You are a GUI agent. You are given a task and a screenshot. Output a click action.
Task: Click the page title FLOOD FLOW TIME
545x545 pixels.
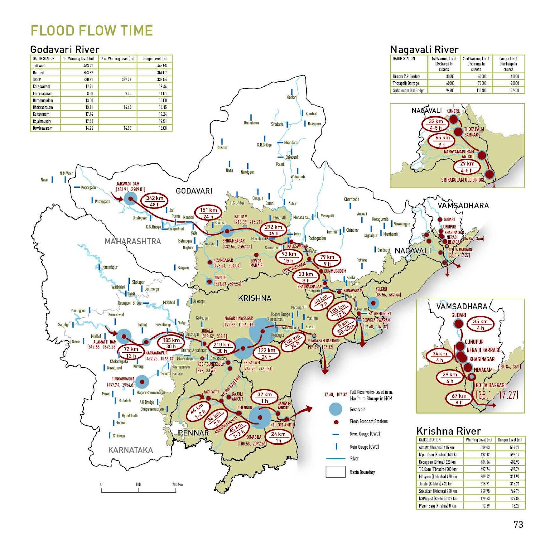click(92, 31)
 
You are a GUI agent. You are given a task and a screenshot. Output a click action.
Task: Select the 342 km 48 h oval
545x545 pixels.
click(155, 201)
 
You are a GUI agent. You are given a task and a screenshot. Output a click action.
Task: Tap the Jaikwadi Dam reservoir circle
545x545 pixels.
click(130, 198)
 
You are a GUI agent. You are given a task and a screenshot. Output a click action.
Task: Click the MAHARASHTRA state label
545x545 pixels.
click(133, 241)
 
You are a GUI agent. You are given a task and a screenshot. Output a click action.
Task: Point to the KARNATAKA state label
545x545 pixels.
click(130, 450)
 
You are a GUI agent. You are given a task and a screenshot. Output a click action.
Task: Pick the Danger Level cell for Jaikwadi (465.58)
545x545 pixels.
click(162, 66)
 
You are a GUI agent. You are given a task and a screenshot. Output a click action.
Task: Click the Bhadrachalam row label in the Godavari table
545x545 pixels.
click(43, 107)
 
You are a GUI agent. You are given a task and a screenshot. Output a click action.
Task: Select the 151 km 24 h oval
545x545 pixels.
click(208, 213)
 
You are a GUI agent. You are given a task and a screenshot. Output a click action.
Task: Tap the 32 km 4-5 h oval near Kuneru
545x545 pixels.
click(436, 125)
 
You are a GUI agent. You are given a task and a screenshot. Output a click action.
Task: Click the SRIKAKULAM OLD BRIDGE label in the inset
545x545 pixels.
click(463, 180)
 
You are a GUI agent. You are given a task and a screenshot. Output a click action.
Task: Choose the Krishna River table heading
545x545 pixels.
click(448, 431)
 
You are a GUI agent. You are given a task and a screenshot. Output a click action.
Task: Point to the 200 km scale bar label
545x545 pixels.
click(177, 484)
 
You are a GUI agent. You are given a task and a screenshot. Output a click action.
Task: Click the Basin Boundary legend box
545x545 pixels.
click(335, 472)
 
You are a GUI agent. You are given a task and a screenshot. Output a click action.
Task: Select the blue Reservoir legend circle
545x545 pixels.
click(336, 409)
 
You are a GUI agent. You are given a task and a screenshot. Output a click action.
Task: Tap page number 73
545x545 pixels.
click(518, 525)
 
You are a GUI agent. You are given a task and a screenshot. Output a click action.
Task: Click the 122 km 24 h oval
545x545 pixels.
click(266, 354)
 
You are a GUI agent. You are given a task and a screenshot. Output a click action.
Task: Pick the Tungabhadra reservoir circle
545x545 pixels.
click(142, 382)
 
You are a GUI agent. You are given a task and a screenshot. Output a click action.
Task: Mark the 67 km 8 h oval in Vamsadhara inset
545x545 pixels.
click(459, 399)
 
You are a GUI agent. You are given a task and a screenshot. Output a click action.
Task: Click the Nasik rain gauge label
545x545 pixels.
click(45, 180)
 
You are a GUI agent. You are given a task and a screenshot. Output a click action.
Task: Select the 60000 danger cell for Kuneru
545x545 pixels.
click(515, 76)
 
